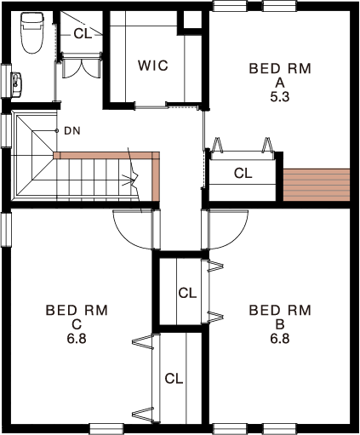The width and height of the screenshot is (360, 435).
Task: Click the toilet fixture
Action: tap(32, 33)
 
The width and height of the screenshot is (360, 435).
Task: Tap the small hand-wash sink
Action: tap(16, 84)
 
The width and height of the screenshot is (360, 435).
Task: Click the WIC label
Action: tap(153, 66)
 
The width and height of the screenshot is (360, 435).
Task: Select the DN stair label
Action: tap(72, 131)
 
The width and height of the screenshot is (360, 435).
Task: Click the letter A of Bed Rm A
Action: tap(280, 83)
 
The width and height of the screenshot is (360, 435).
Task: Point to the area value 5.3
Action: tap(280, 97)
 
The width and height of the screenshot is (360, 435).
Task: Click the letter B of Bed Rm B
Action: tap(280, 324)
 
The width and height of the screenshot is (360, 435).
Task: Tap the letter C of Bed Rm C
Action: tap(77, 324)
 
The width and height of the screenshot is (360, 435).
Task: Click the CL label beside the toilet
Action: tap(83, 34)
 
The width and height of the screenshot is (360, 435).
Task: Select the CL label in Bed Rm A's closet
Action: tap(243, 173)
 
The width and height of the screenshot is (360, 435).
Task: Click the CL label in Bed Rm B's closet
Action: tap(187, 293)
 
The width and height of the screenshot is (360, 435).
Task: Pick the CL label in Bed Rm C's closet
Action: tap(174, 379)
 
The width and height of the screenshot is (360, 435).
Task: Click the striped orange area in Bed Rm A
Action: tap(317, 185)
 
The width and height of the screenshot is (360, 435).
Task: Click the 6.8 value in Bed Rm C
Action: tap(77, 339)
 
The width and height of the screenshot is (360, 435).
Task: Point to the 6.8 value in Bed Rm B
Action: tap(280, 339)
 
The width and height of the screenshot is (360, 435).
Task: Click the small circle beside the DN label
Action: tap(57, 131)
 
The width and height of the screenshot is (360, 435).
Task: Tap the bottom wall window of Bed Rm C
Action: tap(107, 428)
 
